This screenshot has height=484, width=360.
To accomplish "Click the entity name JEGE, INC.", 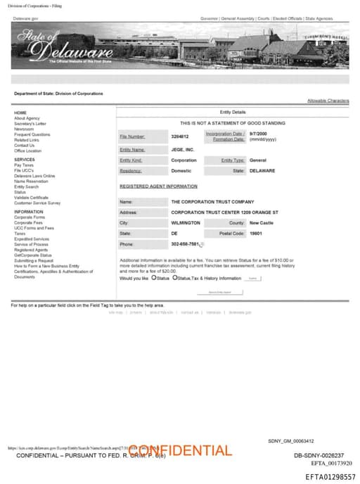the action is point(182,150).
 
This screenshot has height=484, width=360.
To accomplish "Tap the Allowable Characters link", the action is point(328,101).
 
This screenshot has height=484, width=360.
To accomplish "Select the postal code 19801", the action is point(256,233).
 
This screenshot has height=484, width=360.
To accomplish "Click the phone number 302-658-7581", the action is point(185,244).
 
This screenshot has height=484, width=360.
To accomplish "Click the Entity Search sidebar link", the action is point(26,186).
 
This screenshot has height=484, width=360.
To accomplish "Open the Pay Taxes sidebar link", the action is point(23,165).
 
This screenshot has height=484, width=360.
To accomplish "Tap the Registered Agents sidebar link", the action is point(30,250).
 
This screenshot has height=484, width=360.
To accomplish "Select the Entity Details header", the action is point(233,112).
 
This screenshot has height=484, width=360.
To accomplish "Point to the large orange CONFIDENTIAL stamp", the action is point(180,450).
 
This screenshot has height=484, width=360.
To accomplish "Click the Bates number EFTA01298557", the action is point(330,477).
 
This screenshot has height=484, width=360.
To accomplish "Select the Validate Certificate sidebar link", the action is point(31,198).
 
